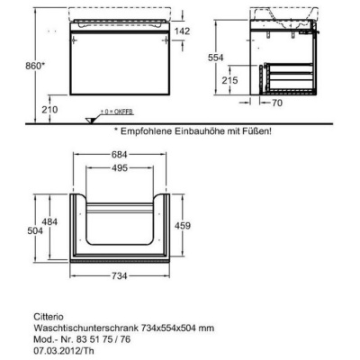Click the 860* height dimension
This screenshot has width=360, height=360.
pos(35,66)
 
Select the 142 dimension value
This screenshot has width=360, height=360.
pos(183,31)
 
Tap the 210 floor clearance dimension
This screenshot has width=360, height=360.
pos(49,110)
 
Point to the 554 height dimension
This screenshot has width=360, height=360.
pos(216,58)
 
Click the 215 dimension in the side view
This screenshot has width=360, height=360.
pos(229,80)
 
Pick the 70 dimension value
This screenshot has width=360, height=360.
pos(277,103)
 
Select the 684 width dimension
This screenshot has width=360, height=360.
pos(120,155)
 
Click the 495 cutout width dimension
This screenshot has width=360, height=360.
pos(120,168)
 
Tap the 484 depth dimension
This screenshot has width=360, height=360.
pos(49,222)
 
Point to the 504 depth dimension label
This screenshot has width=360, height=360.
pos(35,230)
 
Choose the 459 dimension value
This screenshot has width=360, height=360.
pos(182,225)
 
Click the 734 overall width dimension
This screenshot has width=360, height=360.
pos(120,275)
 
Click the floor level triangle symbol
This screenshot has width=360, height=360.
pos(90,120)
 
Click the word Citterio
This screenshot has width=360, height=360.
pos(48,317)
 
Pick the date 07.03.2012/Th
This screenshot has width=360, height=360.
pos(63,351)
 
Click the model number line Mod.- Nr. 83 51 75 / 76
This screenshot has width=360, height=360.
pos(82,339)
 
